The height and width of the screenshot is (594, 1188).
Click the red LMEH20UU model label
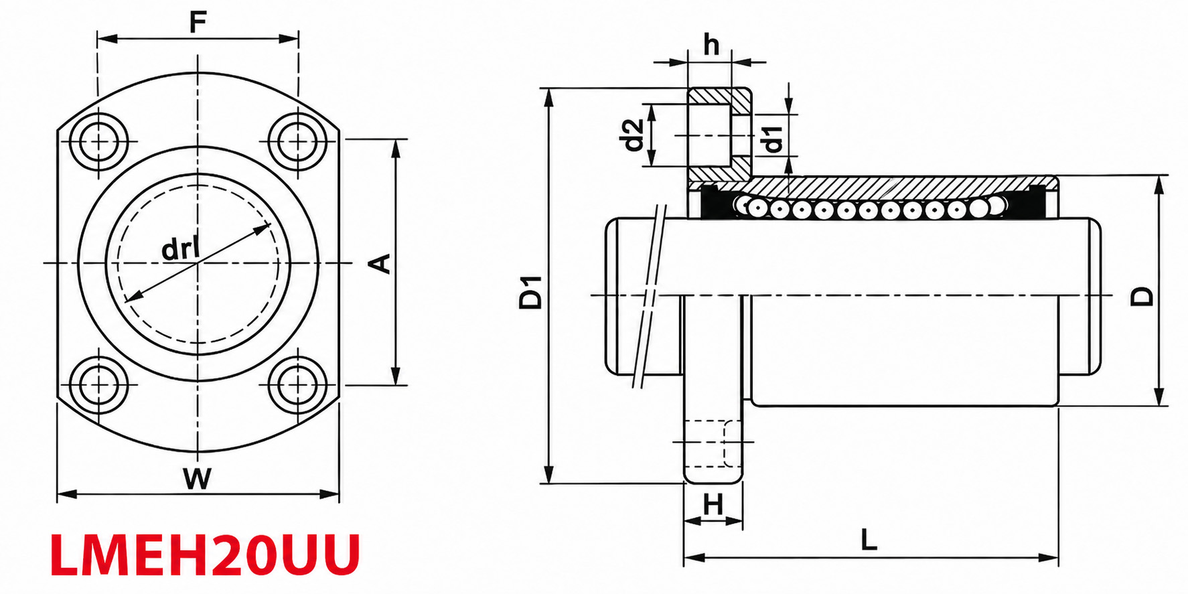tap(205, 555)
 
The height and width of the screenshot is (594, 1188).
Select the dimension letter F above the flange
tap(197, 23)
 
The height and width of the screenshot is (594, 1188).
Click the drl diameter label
tap(180, 249)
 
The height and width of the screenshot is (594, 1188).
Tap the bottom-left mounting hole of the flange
tap(102, 384)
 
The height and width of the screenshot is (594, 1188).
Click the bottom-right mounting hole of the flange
tap(293, 384)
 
